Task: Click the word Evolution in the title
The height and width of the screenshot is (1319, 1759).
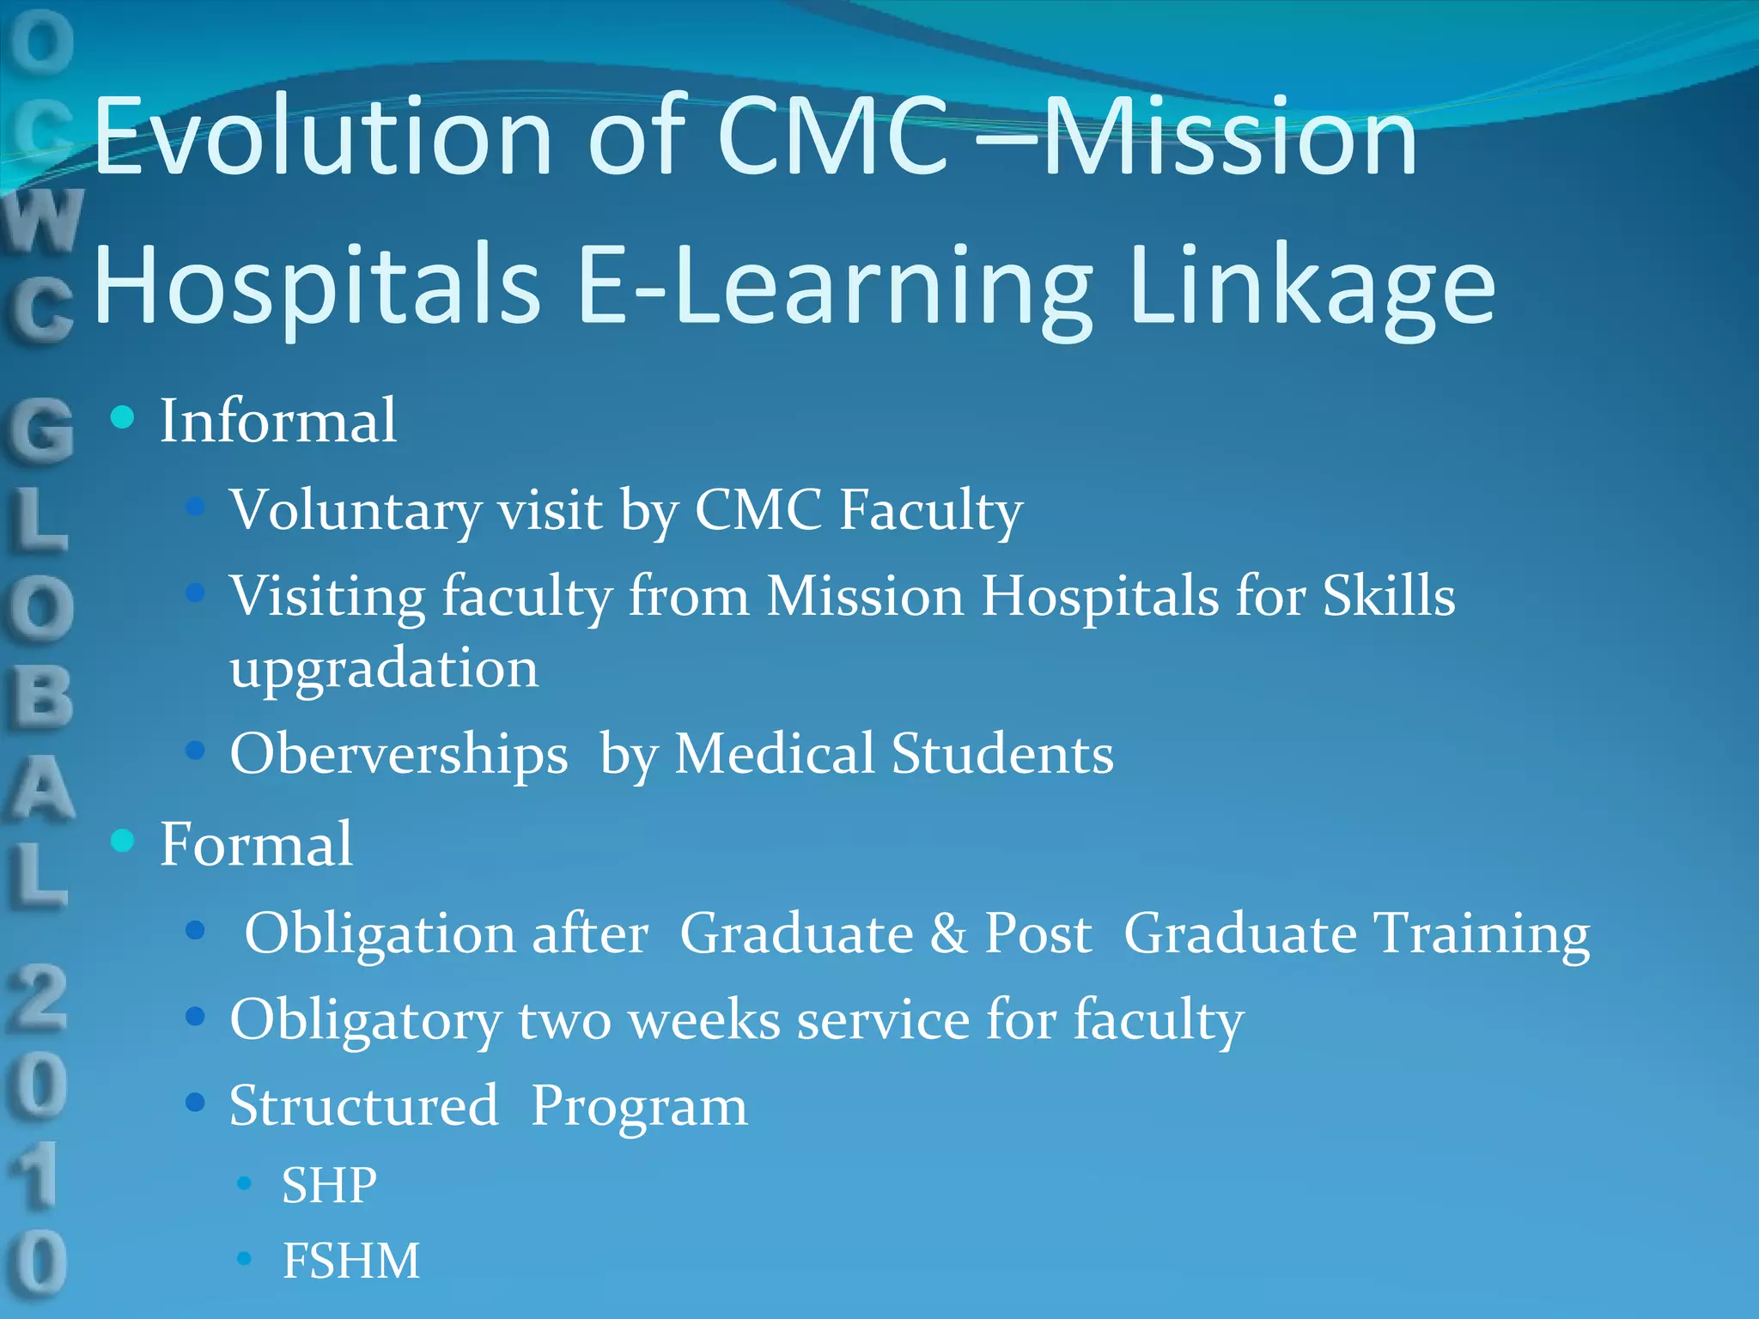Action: click(x=322, y=137)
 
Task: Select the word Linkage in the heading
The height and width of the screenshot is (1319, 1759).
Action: click(x=1313, y=288)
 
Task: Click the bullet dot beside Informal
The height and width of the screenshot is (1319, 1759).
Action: click(x=123, y=418)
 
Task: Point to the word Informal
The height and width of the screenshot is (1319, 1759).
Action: click(x=278, y=421)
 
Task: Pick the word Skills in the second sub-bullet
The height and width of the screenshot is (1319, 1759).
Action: click(x=1389, y=595)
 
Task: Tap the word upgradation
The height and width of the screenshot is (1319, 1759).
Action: click(x=384, y=669)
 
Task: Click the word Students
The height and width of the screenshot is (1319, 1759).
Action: click(x=1001, y=754)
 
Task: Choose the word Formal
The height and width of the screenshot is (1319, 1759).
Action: click(x=256, y=844)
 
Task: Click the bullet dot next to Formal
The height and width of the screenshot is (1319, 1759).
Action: click(x=123, y=841)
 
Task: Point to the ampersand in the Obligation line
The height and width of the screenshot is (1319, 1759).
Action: click(x=947, y=933)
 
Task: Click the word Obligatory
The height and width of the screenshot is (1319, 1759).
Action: click(x=365, y=1022)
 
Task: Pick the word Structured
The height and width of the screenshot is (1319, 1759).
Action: click(x=363, y=1106)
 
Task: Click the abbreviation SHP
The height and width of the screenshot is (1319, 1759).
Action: click(x=329, y=1185)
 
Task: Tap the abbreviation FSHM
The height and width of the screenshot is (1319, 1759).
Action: click(x=351, y=1261)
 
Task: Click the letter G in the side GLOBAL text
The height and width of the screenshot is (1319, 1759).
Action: click(x=39, y=429)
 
